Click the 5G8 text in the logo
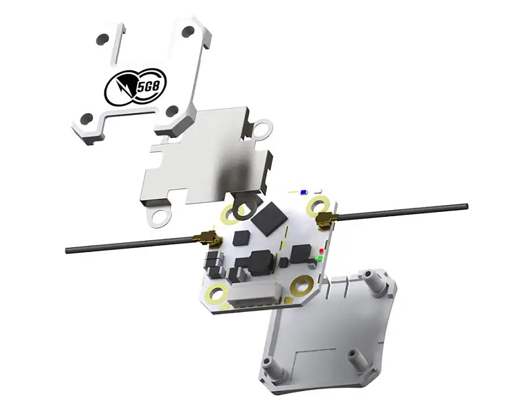pos(150,88)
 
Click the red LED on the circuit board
pos(321,251)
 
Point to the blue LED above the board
pos(304,192)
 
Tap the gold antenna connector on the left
pos(210,238)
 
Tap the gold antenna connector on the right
pos(325,219)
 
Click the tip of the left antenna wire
pos(67,250)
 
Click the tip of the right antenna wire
pos(466,206)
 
